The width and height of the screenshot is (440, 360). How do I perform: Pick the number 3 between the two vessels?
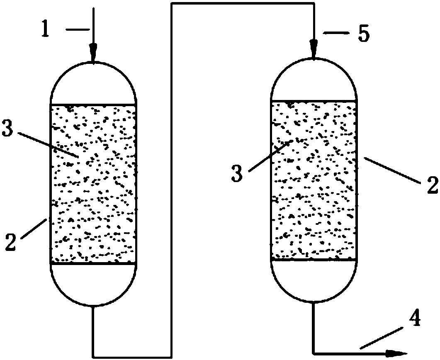(237, 173)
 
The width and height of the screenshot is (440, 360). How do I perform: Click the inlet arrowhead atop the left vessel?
(93, 52)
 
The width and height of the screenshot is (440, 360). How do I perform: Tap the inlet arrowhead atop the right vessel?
(314, 49)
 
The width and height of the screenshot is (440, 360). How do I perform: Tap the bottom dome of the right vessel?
(314, 282)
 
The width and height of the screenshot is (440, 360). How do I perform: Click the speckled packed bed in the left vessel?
(93, 184)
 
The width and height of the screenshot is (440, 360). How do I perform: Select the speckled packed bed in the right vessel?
(314, 180)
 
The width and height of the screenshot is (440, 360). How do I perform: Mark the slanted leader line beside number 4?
(382, 338)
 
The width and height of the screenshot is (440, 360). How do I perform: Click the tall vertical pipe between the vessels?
(171, 180)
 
